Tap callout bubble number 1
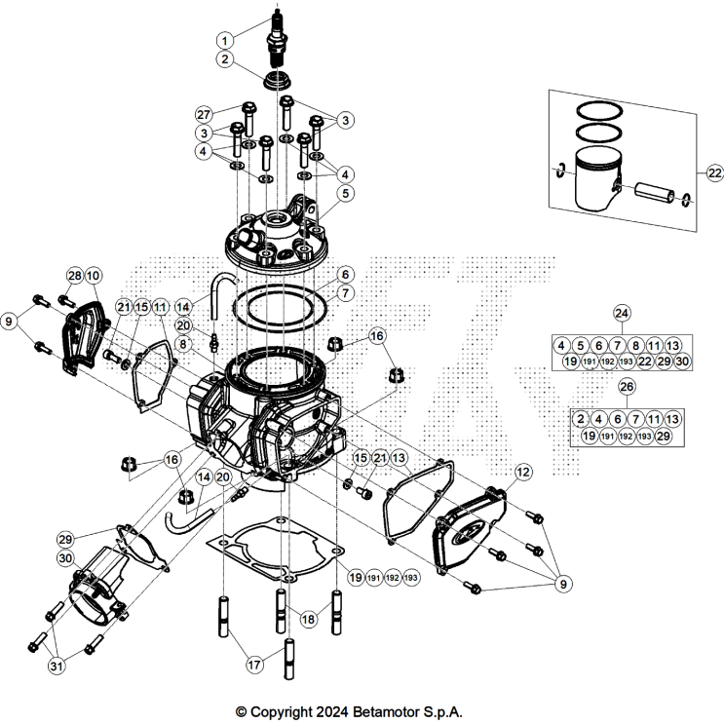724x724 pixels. point(225,40)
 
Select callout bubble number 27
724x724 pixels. point(204,113)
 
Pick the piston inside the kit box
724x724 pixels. point(595,182)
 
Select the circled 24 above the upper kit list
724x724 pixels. point(622,313)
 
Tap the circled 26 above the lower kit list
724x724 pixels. point(627,387)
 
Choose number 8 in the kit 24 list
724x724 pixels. point(635,344)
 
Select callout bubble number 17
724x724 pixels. point(254,667)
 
